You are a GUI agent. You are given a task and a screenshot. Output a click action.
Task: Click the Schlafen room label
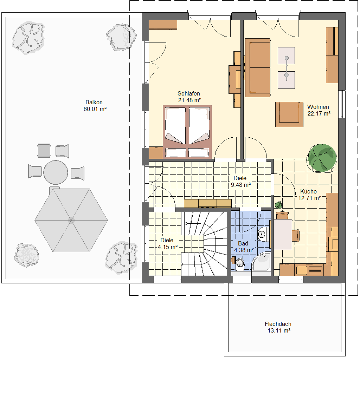(x=189, y=93)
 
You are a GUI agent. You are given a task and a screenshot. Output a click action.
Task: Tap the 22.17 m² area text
(x=319, y=113)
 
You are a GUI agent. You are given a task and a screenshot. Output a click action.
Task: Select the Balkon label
(x=94, y=102)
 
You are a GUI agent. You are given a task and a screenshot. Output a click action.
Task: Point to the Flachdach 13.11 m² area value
(x=279, y=331)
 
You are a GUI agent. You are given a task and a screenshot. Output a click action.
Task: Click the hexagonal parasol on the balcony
(x=71, y=221)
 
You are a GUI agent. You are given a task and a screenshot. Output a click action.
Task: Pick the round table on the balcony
(x=56, y=172)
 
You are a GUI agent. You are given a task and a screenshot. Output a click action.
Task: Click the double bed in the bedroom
(x=187, y=132)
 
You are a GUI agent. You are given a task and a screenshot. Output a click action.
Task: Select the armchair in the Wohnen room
(x=289, y=114)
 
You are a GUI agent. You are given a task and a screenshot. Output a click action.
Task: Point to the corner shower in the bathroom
(x=261, y=262)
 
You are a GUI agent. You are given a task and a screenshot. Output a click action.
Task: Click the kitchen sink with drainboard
(x=309, y=270)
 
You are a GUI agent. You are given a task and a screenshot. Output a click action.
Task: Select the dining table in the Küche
(x=283, y=235)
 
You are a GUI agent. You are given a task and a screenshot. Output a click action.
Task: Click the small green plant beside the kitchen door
(x=278, y=205)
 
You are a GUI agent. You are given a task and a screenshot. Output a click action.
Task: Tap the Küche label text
(x=308, y=191)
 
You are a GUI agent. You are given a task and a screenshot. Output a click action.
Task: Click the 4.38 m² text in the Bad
(x=244, y=250)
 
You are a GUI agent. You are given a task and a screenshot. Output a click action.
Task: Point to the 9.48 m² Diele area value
(x=241, y=185)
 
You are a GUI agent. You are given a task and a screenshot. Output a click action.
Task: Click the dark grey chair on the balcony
(x=44, y=151)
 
